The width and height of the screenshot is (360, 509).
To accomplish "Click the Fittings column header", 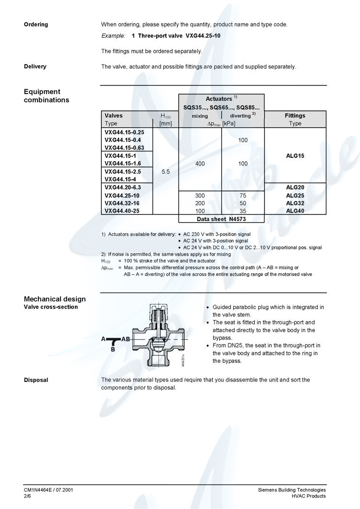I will coord(295,116).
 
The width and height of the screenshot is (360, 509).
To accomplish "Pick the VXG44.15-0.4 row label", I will coord(122,140).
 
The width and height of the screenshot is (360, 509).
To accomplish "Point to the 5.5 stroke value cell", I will coord(166,171).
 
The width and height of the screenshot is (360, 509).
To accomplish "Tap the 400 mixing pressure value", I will coord(200,164).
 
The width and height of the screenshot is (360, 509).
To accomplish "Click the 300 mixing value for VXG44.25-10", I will coord(200,196).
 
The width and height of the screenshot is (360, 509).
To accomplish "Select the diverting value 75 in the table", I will coord(242,196).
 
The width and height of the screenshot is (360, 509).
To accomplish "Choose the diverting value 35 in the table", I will coord(242,211).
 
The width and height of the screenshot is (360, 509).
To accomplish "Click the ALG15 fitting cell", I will coord(295,156).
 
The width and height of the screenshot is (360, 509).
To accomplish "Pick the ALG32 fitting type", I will coord(295,203).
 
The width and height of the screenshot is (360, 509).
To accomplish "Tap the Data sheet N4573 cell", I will coord(221,219).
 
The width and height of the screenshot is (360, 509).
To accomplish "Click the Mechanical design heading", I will coord(55,299).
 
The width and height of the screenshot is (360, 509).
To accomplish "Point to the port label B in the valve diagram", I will coord(113,350).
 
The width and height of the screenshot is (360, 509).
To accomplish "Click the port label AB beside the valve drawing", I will coord(126,339).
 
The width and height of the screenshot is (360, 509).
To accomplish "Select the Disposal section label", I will coord(36,380).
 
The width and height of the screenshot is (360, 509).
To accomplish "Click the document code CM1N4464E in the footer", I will coord(39,490).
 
